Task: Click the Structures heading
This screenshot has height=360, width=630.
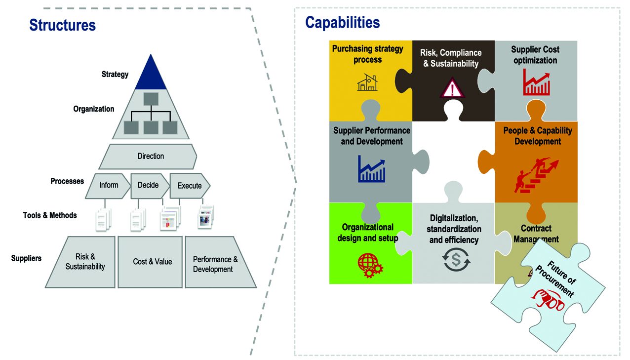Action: tap(62, 25)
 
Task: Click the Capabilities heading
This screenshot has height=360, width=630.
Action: tap(342, 22)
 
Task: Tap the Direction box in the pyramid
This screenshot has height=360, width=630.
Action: tap(150, 156)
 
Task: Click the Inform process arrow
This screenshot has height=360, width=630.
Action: tap(109, 185)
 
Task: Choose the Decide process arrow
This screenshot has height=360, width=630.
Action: tap(148, 185)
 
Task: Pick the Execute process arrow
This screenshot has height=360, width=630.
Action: tap(190, 186)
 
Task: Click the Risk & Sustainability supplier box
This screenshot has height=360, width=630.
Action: tap(85, 262)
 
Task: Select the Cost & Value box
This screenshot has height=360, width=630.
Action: tap(152, 262)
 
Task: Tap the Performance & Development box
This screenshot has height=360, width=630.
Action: tap(216, 264)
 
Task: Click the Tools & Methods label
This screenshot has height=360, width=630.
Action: tap(50, 215)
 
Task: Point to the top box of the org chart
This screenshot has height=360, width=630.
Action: tap(151, 99)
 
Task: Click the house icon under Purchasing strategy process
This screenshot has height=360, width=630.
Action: tap(367, 82)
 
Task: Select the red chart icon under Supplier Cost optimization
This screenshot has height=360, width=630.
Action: tap(536, 83)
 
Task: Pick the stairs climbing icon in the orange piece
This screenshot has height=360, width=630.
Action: tap(536, 174)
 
